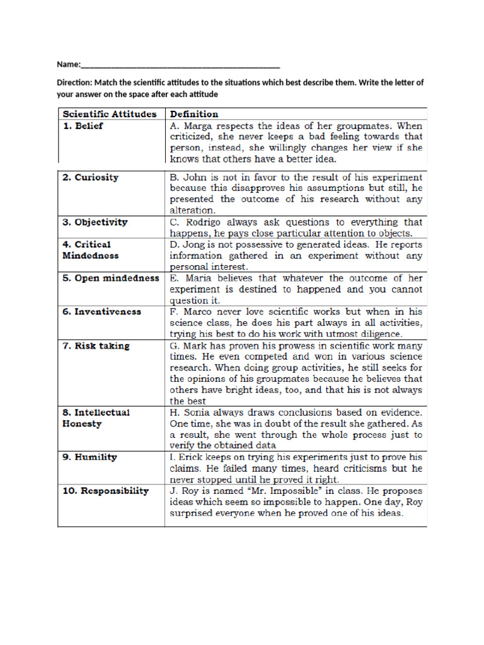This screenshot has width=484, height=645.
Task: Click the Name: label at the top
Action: click(x=69, y=64)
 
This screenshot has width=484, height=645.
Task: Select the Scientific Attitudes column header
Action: click(x=108, y=114)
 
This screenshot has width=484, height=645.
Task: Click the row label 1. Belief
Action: click(x=83, y=125)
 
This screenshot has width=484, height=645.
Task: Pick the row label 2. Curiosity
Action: click(x=90, y=177)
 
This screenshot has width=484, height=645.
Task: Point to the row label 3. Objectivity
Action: click(x=95, y=222)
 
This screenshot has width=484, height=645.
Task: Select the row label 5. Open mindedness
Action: click(x=110, y=278)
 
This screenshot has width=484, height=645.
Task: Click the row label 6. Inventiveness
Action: click(x=101, y=311)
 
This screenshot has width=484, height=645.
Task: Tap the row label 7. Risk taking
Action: click(x=95, y=345)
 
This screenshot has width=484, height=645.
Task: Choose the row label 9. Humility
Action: click(x=89, y=457)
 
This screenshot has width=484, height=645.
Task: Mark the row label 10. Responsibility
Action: click(x=105, y=490)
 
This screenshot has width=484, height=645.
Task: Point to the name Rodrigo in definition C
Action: click(x=197, y=222)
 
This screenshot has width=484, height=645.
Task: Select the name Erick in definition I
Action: click(x=190, y=457)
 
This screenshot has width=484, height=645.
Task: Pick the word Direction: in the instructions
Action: click(x=74, y=83)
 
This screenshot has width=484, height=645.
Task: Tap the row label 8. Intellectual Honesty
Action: click(x=96, y=418)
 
